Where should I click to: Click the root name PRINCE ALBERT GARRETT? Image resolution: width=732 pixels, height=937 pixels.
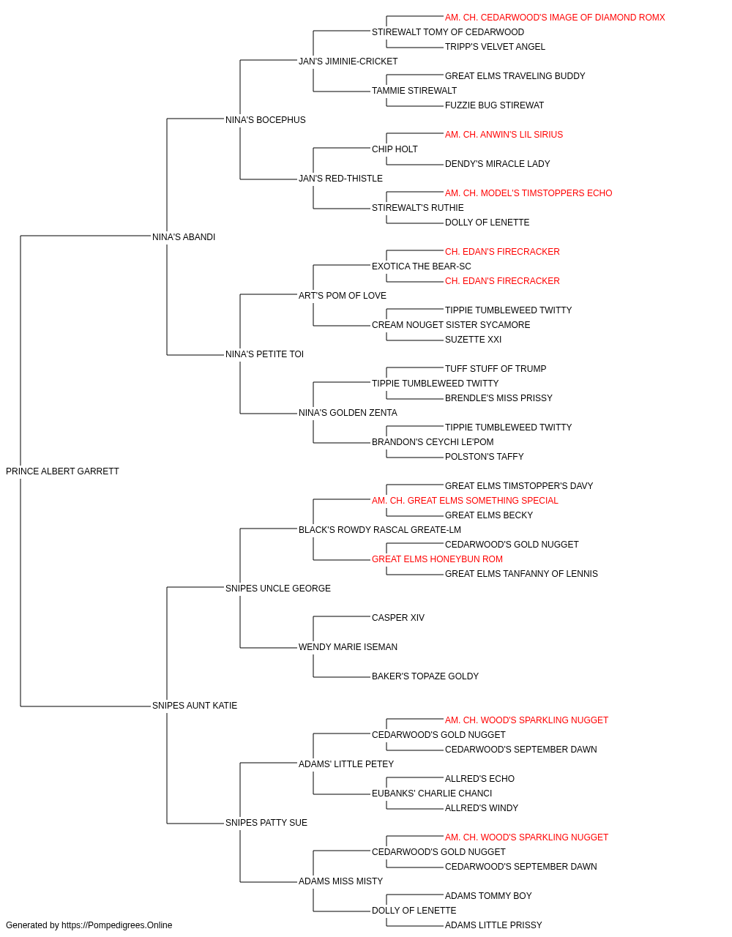pos(62,471)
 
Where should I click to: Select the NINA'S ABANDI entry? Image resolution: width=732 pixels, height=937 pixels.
pos(184,237)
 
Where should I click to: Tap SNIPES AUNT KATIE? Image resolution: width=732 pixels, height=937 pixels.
pos(195,706)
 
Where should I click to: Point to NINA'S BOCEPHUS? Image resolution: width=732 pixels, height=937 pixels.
pos(266,120)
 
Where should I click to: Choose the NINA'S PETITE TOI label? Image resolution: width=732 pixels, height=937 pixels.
pos(265,354)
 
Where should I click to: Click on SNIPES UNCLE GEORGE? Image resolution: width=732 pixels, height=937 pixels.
pos(278,589)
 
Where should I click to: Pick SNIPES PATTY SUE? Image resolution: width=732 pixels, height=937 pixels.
pos(266,823)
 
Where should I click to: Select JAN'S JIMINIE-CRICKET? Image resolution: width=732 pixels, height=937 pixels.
pos(348,61)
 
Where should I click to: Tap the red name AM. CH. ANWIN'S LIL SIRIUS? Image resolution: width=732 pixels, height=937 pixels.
pos(504,135)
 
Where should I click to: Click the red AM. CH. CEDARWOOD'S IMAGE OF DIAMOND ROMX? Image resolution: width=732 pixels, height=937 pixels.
pos(555,18)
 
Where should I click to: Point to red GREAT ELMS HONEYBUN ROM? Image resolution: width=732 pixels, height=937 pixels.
pos(437,559)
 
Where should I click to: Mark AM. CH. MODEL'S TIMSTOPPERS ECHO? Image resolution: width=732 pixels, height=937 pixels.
pos(529,193)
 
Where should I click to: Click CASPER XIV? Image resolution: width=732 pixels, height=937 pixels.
pos(398,618)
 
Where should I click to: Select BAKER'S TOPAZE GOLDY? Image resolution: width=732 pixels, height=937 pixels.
pos(425,676)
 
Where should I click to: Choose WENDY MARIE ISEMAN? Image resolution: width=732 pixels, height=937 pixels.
pos(348,647)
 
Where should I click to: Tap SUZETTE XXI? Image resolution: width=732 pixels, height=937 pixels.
pos(473,340)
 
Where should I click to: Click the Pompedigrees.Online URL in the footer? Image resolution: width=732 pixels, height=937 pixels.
pos(117,925)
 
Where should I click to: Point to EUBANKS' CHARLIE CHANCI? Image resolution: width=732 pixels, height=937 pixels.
pos(432,794)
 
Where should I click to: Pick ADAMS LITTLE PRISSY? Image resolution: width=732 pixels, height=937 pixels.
pos(493,925)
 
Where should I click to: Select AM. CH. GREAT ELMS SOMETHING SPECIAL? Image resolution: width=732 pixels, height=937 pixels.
pos(465,501)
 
